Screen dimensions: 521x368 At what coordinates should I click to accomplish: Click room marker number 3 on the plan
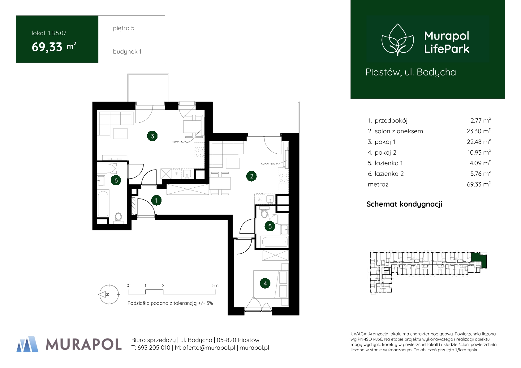(152, 136)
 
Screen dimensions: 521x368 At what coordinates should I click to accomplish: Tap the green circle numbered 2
(252, 176)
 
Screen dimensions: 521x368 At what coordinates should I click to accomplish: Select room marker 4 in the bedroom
(265, 283)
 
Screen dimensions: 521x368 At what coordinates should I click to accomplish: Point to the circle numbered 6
(116, 180)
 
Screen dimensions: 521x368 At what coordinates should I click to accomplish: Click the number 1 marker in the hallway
(156, 200)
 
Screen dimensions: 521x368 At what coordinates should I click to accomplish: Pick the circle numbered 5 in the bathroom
(270, 226)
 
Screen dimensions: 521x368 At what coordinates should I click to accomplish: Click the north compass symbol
(109, 294)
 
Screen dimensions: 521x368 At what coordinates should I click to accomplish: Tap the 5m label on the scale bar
(215, 285)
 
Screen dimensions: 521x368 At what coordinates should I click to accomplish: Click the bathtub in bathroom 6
(103, 204)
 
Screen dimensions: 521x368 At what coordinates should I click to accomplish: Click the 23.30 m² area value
(479, 131)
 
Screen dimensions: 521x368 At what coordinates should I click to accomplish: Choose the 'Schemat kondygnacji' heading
(404, 204)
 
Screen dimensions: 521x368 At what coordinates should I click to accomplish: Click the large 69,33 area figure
(47, 47)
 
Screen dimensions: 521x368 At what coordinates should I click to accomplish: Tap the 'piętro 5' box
(132, 28)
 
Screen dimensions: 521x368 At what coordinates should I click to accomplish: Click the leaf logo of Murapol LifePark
(398, 40)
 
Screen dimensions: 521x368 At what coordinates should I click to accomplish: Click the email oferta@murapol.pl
(209, 348)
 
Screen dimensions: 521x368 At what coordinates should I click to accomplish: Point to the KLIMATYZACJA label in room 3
(181, 141)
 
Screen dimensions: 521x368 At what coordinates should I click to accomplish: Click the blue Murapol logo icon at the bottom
(28, 344)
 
